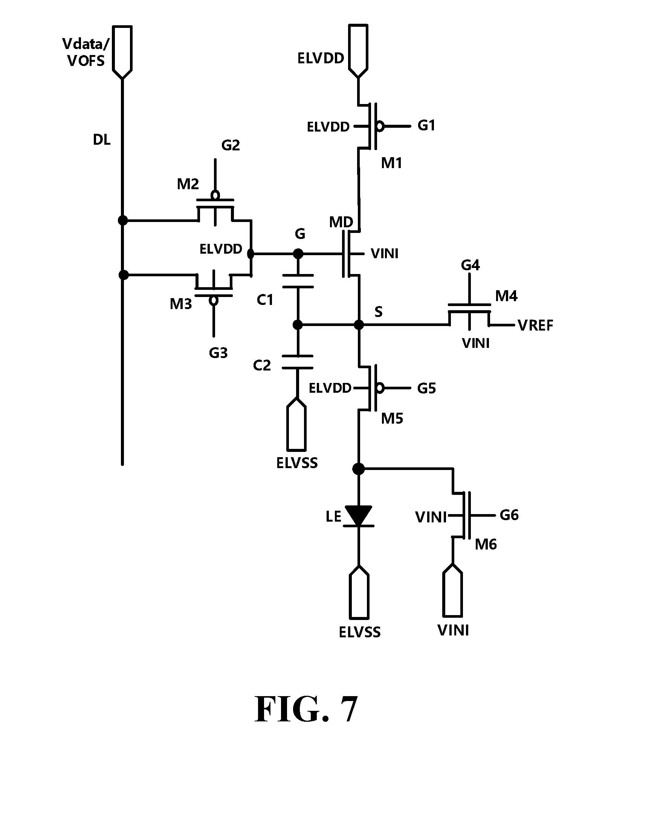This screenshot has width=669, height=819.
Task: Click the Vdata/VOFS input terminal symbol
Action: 122,52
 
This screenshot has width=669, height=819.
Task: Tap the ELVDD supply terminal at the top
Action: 358,51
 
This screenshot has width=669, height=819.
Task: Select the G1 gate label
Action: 426,125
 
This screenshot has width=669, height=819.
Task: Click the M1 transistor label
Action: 391,163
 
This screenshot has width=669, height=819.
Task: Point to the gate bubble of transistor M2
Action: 215,195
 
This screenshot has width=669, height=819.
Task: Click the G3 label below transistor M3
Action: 218,353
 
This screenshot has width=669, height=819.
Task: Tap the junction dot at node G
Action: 298,254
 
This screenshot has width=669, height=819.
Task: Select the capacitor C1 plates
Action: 298,281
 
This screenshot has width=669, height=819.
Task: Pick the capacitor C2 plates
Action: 298,362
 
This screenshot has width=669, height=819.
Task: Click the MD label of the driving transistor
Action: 341,222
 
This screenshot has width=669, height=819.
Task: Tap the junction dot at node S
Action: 359,325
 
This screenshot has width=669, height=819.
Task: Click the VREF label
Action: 535,325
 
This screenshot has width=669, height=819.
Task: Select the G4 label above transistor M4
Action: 470,265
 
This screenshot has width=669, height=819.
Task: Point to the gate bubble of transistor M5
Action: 380,388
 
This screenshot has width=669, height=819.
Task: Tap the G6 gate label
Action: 509,515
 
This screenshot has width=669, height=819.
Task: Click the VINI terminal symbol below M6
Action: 453,590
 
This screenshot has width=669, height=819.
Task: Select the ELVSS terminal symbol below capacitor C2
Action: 297,424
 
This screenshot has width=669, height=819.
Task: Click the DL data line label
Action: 102,139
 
